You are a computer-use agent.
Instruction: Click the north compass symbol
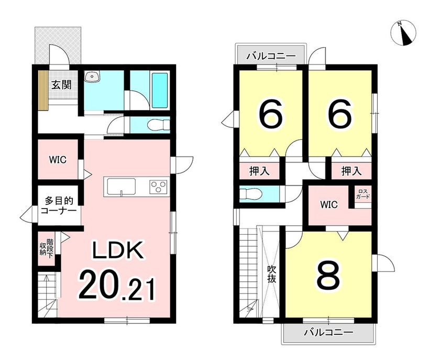[403, 33]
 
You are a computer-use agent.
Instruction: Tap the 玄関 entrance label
[61, 84]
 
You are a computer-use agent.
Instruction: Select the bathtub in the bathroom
[160, 90]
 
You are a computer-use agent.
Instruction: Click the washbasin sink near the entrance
[93, 77]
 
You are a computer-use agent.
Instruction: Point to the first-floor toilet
[159, 125]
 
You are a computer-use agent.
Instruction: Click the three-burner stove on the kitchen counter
[159, 187]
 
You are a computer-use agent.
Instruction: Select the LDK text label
[118, 249]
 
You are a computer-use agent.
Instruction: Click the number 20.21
[117, 285]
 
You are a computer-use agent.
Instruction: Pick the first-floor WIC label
[58, 160]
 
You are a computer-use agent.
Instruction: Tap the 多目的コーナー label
[59, 206]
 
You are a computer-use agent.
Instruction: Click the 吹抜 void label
[271, 275]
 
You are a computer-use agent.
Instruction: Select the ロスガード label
[363, 194]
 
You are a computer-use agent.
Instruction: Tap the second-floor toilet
[251, 194]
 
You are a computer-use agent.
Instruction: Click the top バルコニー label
[271, 56]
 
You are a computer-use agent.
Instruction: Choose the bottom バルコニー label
[328, 333]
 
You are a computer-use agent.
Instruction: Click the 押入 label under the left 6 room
[260, 171]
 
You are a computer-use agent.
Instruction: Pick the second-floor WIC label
[329, 205]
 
